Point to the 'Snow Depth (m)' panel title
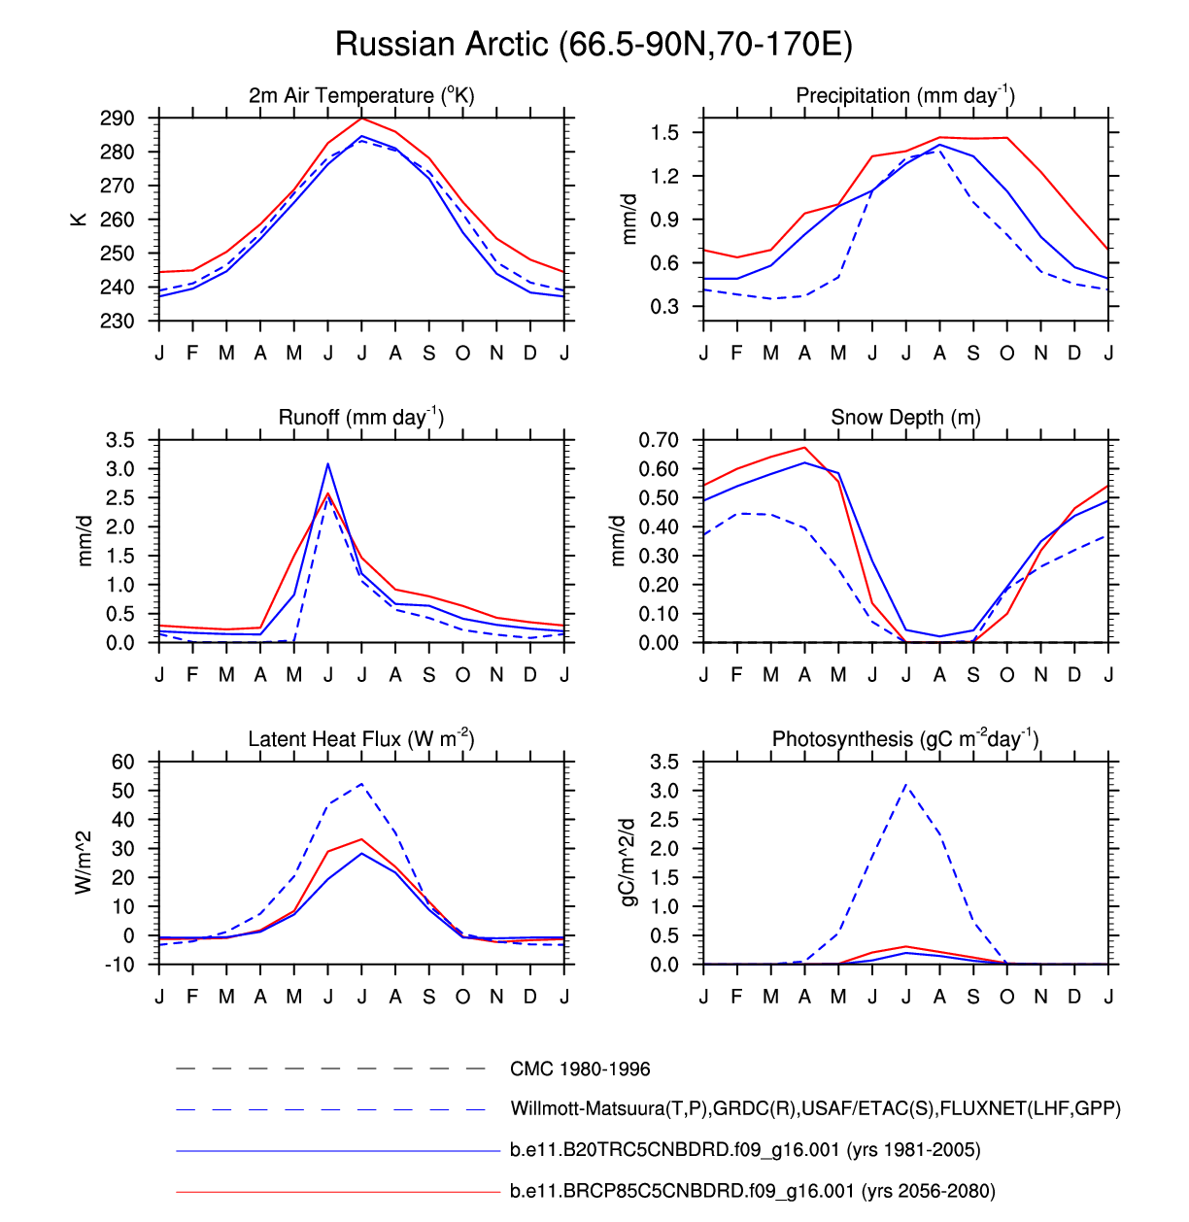[905, 417]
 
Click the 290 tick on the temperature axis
[117, 119]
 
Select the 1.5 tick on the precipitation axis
[664, 133]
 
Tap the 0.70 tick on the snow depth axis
[658, 440]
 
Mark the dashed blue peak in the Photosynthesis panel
[906, 785]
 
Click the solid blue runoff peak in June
[328, 464]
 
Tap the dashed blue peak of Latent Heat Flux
[361, 784]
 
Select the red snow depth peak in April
[804, 448]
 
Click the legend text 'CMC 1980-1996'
[580, 1069]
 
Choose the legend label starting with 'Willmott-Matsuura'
[815, 1108]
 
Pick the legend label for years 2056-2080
[752, 1191]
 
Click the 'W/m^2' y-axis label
[84, 863]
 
